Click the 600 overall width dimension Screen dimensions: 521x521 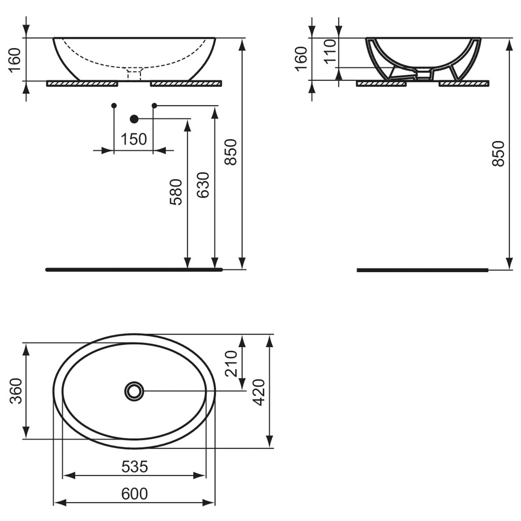tap(134, 494)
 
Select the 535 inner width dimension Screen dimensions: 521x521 tap(134, 467)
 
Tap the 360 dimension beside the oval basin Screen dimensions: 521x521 tap(16, 391)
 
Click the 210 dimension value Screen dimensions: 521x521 tap(231, 364)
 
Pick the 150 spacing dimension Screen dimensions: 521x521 tap(134, 140)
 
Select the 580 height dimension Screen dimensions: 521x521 tap(176, 192)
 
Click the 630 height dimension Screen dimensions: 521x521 tap(203, 185)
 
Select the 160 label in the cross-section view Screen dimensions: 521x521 tap(301, 58)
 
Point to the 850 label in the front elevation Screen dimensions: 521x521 tap(230, 152)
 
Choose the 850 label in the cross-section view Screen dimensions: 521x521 tap(498, 153)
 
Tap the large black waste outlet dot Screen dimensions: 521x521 tap(134, 119)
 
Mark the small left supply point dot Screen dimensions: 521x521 tap(114, 105)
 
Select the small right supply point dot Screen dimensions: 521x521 tap(155, 105)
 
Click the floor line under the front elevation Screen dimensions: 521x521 tap(134, 270)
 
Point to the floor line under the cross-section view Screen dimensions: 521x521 tap(423, 270)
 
